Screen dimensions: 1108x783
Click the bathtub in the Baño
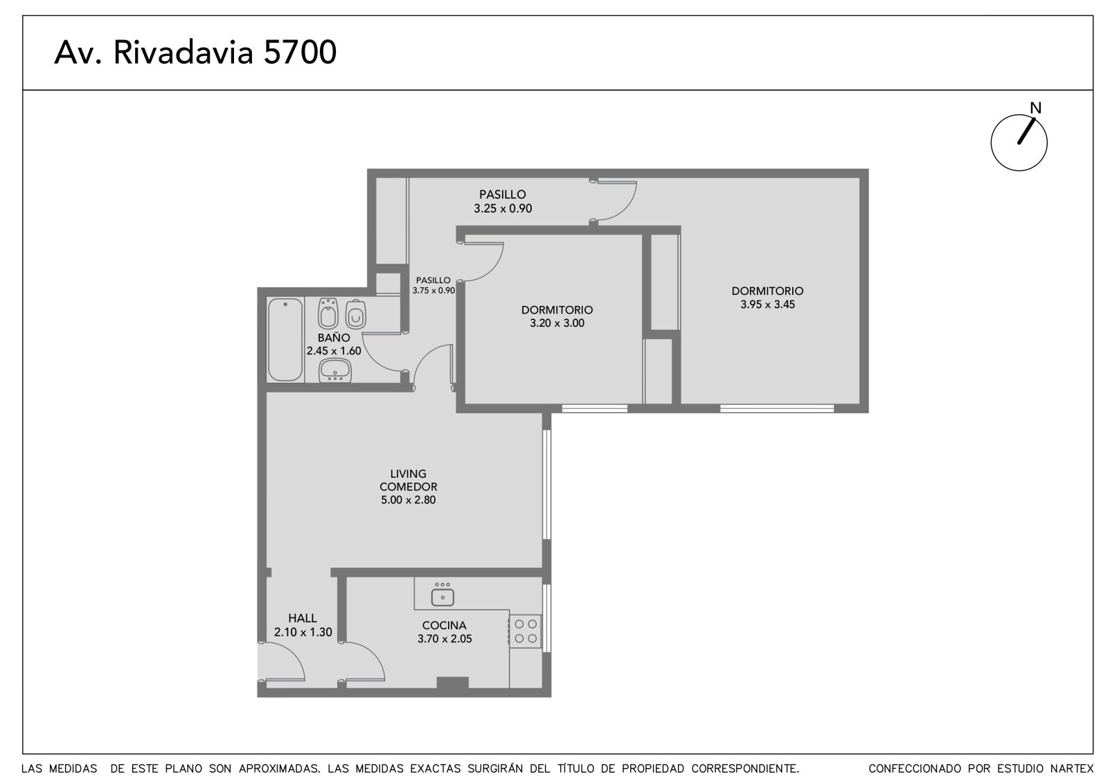click(x=285, y=339)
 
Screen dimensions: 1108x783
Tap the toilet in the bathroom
click(x=356, y=314)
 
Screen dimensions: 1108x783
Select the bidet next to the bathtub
click(x=328, y=314)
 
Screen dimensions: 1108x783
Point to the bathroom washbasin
click(x=335, y=370)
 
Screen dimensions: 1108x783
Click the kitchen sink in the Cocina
click(x=443, y=597)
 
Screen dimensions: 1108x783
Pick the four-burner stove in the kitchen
click(x=526, y=631)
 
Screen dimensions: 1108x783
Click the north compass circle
click(x=1019, y=143)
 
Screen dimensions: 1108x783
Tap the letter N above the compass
click(x=1036, y=108)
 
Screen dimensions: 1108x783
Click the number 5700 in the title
click(x=300, y=52)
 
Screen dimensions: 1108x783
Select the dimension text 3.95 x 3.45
click(x=768, y=305)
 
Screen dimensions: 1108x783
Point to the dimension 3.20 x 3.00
click(x=557, y=323)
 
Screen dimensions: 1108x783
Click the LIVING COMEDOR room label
click(x=408, y=480)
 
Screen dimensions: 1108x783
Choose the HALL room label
click(x=303, y=618)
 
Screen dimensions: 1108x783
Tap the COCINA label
click(x=444, y=626)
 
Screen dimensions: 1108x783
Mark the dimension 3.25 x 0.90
click(x=503, y=209)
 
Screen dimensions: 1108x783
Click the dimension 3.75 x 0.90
click(x=434, y=291)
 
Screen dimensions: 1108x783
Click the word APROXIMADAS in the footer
click(x=280, y=768)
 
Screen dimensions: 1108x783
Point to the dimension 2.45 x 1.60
click(x=334, y=351)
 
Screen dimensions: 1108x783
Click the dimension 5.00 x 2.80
click(x=408, y=500)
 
